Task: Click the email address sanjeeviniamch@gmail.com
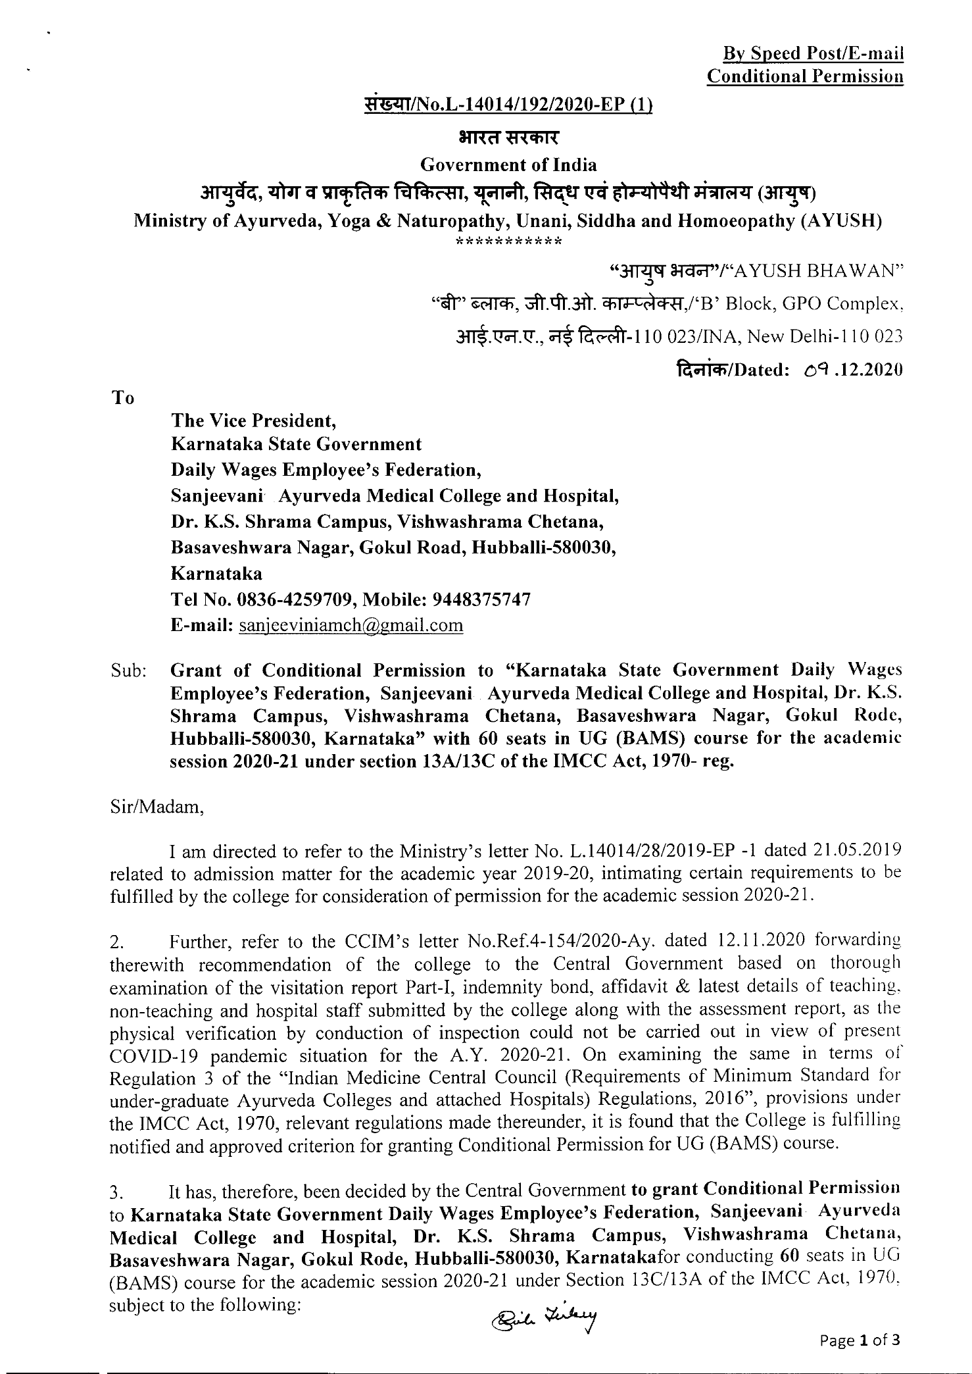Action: (x=351, y=625)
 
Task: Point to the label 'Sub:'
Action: (x=128, y=671)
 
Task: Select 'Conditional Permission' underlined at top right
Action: (x=804, y=77)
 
